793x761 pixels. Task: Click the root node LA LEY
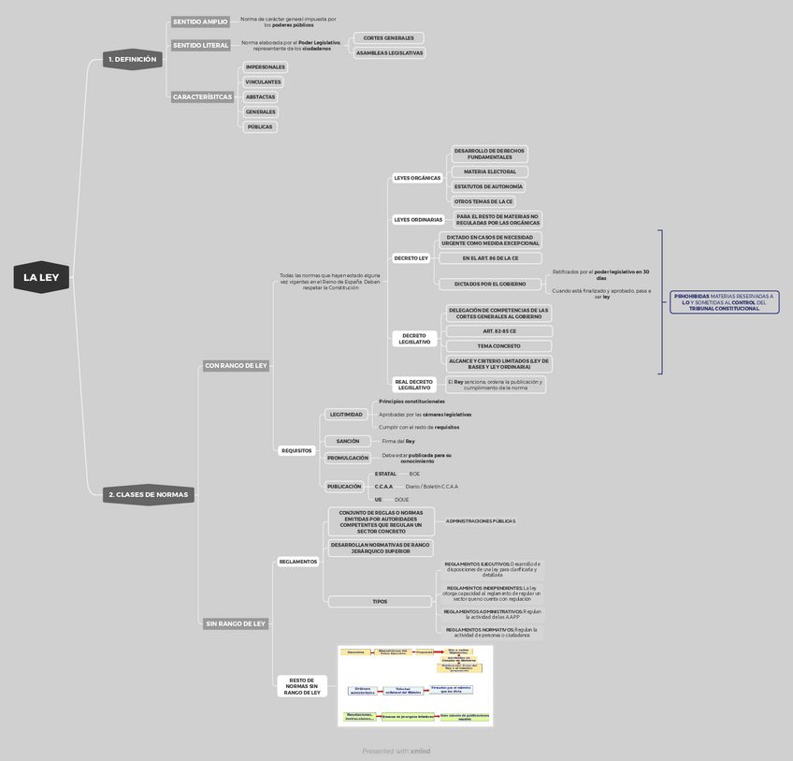(x=42, y=277)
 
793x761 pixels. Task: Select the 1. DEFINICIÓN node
(x=134, y=59)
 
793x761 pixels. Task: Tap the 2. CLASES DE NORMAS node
(x=148, y=494)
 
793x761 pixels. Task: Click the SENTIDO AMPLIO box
(x=199, y=22)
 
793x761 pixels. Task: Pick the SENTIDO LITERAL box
(x=200, y=45)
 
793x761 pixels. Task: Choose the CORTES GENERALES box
(x=388, y=38)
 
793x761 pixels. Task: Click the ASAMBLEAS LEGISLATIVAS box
(x=389, y=52)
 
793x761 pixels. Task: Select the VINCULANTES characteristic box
(x=263, y=82)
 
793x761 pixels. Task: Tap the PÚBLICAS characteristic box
(x=260, y=126)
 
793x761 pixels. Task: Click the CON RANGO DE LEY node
(x=236, y=365)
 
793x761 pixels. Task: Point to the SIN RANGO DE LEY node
(x=236, y=623)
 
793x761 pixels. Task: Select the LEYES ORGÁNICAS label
(x=417, y=178)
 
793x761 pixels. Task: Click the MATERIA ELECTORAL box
(x=490, y=171)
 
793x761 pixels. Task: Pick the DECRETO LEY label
(x=411, y=257)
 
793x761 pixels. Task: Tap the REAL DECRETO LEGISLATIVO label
(x=414, y=384)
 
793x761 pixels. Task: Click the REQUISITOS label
(x=296, y=450)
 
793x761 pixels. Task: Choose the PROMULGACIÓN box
(x=348, y=458)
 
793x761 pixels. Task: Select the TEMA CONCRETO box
(x=498, y=345)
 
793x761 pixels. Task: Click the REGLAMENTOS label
(x=298, y=562)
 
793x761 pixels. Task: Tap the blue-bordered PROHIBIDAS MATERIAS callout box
(x=725, y=301)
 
